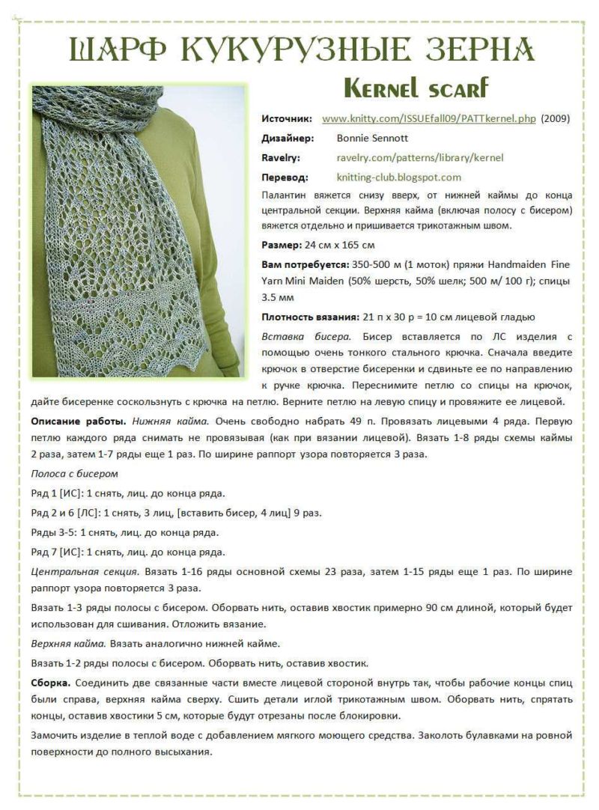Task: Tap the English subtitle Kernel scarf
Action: [x=416, y=89]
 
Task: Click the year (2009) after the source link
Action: [x=556, y=118]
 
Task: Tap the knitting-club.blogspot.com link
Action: [x=399, y=177]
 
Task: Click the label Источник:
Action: [x=286, y=118]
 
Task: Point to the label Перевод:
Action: [x=285, y=177]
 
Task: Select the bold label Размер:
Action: [x=282, y=245]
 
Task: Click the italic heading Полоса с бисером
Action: [x=74, y=474]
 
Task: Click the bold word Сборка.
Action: [x=51, y=683]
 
